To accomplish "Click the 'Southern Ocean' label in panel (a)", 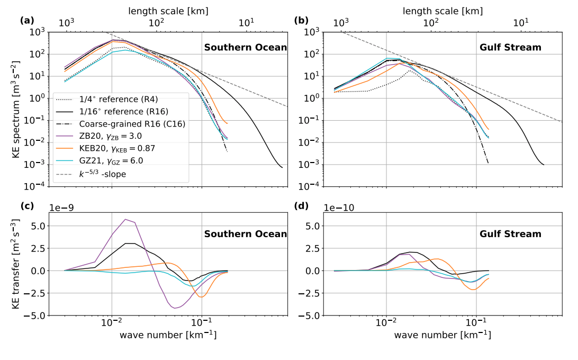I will point(246,48).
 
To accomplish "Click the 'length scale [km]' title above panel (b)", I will point(444,11).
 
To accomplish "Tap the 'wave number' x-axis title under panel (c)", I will point(168,335).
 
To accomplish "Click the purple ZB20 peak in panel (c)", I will point(125,219).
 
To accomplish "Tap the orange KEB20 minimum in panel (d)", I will point(472,290).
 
